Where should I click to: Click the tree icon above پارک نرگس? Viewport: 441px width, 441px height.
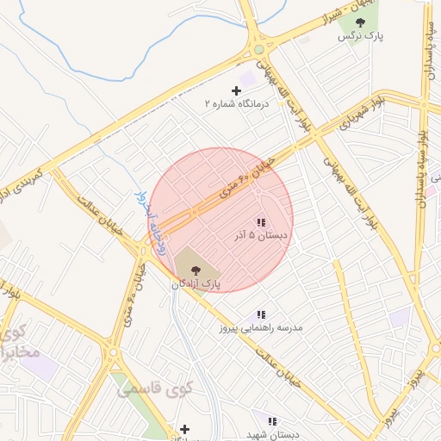[360, 22]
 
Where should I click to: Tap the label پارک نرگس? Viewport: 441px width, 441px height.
[360, 37]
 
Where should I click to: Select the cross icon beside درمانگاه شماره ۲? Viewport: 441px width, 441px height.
[237, 90]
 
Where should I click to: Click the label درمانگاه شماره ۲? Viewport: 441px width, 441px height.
[237, 103]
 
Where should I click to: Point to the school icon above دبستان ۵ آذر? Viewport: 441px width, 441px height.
[260, 222]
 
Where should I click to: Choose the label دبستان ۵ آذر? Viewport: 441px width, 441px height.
[260, 235]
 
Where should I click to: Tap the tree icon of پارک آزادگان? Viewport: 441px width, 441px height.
[195, 270]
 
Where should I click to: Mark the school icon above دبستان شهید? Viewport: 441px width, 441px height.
[272, 422]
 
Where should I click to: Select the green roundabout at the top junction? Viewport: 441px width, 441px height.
[258, 49]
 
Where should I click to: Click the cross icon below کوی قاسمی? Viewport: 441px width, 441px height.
[183, 429]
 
